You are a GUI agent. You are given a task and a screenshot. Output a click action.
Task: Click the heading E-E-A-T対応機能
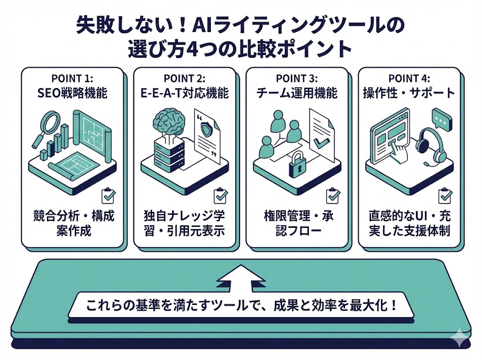[185, 93]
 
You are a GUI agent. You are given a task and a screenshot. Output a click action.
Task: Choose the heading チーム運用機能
[297, 93]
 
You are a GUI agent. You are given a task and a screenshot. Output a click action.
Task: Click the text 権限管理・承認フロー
[297, 224]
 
